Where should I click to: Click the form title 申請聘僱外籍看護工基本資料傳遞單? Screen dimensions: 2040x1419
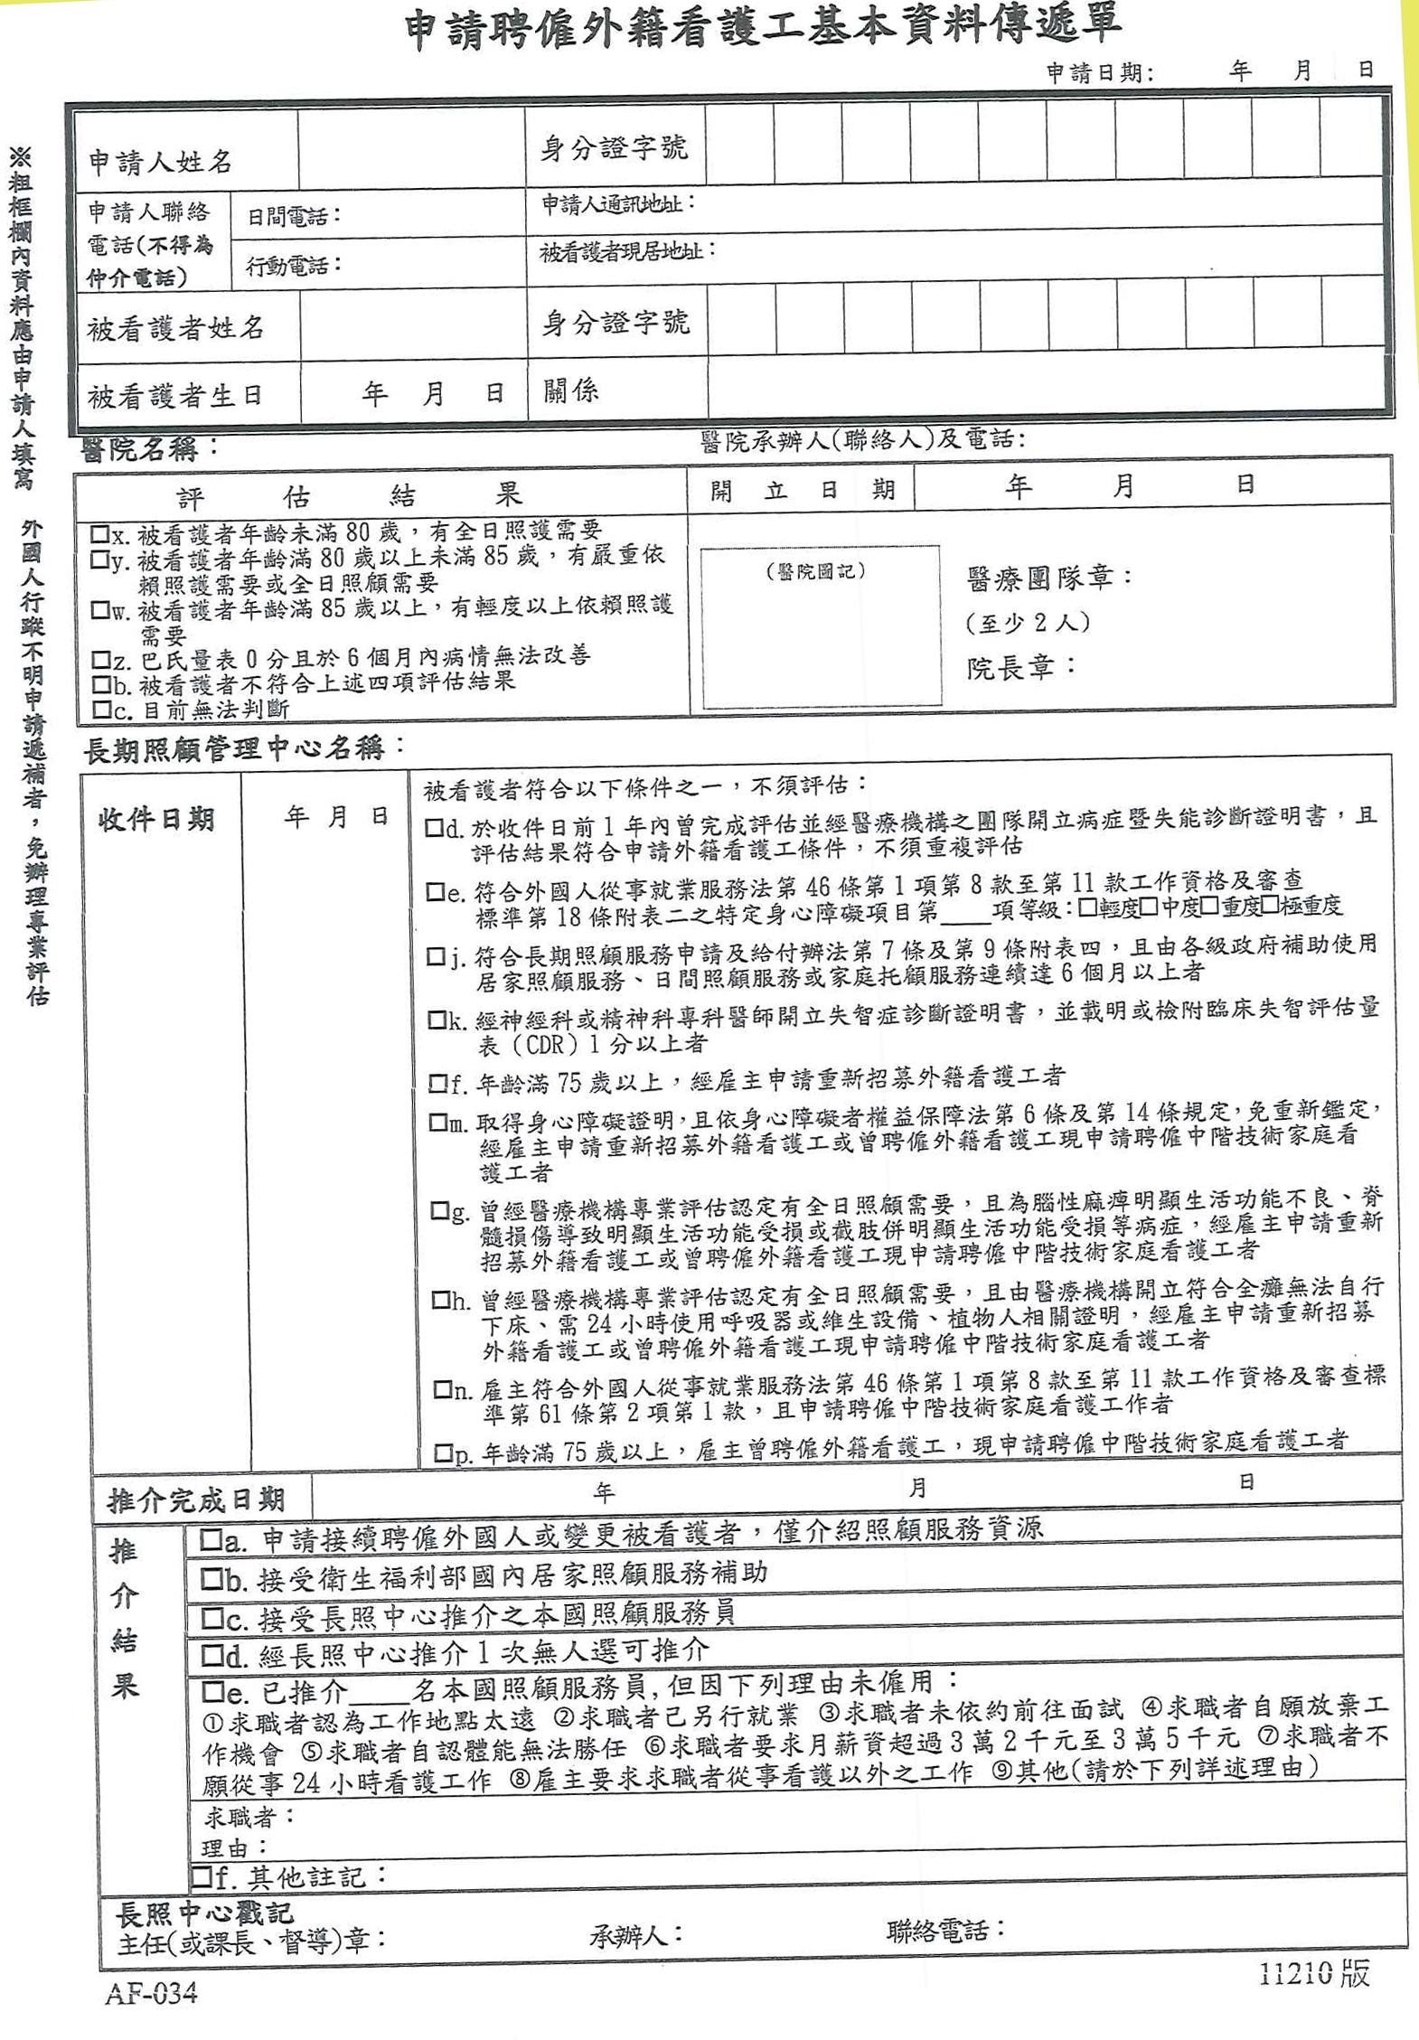coord(762,28)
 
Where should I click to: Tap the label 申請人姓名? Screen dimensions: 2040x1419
coord(160,162)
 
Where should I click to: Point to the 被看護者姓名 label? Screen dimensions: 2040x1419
coord(175,328)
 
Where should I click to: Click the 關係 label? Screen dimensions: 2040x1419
coord(570,391)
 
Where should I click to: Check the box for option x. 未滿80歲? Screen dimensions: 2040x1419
coord(99,533)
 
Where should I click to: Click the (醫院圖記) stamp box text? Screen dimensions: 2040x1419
coord(816,571)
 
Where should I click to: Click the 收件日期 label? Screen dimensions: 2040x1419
coord(156,819)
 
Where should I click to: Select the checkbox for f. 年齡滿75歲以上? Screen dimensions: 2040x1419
coord(438,1082)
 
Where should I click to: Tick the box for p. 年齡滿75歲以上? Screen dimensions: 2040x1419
coord(443,1452)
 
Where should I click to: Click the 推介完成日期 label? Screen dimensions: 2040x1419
coord(196,1500)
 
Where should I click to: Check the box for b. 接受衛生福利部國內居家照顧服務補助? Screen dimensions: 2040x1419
coord(211,1579)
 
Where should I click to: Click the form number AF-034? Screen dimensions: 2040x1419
coord(151,1993)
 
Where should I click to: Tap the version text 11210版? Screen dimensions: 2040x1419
coord(1315,1973)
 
